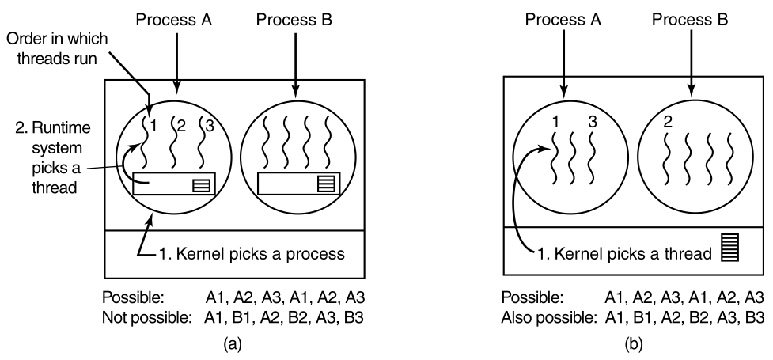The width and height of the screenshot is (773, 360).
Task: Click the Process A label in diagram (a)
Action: [177, 18]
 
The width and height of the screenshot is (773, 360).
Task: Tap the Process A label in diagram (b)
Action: [562, 18]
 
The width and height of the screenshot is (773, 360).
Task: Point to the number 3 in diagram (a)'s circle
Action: [209, 126]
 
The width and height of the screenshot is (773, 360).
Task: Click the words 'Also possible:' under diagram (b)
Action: [544, 316]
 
